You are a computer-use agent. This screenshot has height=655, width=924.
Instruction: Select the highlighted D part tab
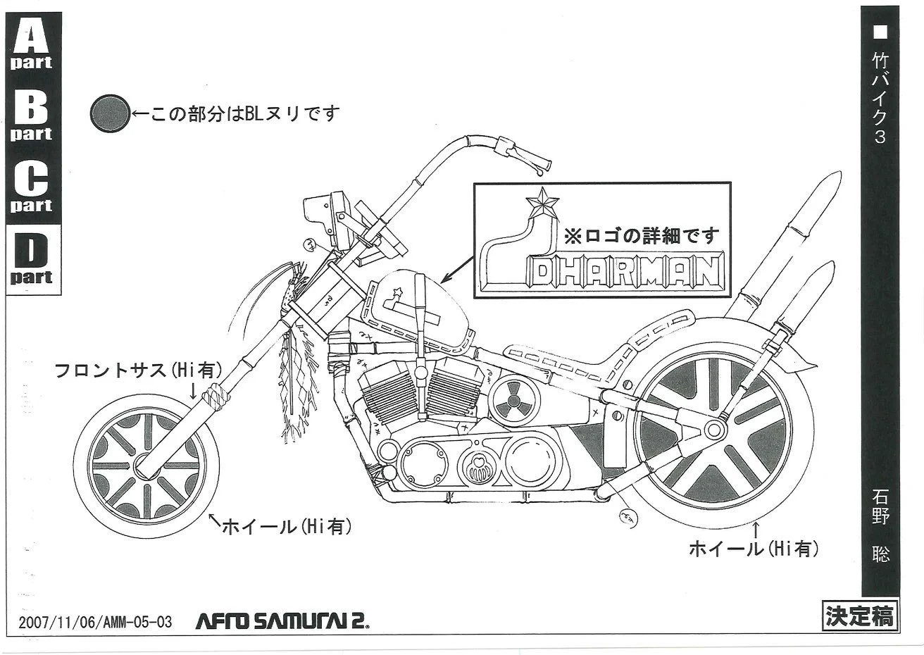tap(31, 257)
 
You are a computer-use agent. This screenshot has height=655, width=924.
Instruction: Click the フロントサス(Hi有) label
tap(139, 370)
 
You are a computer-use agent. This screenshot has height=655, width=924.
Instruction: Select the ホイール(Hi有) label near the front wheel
tap(285, 525)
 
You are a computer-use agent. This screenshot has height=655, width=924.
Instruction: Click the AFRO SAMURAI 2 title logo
tap(282, 620)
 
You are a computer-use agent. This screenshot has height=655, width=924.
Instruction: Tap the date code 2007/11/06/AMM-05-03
tap(95, 622)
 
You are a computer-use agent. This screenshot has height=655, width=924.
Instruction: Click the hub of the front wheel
tap(146, 466)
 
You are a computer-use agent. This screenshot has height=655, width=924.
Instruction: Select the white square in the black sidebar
tap(880, 31)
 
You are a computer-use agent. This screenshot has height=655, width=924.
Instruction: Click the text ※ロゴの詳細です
tap(642, 233)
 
